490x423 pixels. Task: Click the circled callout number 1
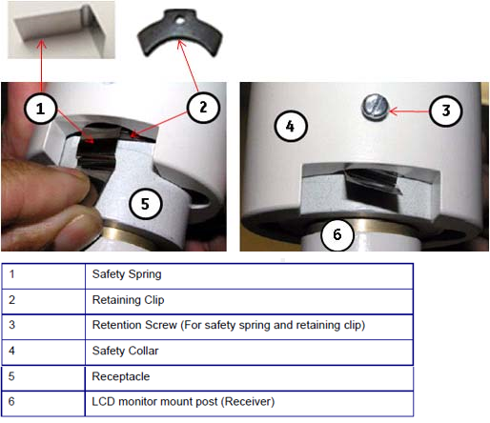click(x=40, y=109)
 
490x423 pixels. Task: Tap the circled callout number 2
click(x=203, y=107)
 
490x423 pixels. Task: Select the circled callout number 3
click(x=445, y=111)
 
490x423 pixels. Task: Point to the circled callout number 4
click(x=291, y=126)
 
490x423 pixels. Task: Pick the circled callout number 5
click(x=146, y=204)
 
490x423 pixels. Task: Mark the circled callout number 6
click(x=337, y=234)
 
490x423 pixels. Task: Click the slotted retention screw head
click(x=376, y=107)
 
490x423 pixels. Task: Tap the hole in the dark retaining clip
click(x=180, y=21)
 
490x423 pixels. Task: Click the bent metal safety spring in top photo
click(x=61, y=30)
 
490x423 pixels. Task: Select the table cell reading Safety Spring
click(x=249, y=276)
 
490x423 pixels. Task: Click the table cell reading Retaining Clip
click(x=249, y=301)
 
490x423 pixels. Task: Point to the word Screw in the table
click(x=160, y=325)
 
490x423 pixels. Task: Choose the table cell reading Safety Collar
click(x=249, y=352)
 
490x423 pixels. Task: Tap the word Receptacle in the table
click(x=121, y=376)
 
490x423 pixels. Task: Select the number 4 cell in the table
click(x=44, y=352)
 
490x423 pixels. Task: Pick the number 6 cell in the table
click(x=44, y=404)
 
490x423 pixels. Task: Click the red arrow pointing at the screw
click(x=409, y=111)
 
